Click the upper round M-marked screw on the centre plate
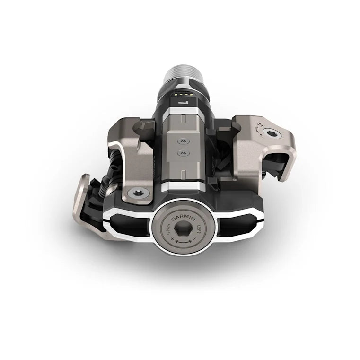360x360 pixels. click(181, 140)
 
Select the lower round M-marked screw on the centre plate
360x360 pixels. click(182, 154)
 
